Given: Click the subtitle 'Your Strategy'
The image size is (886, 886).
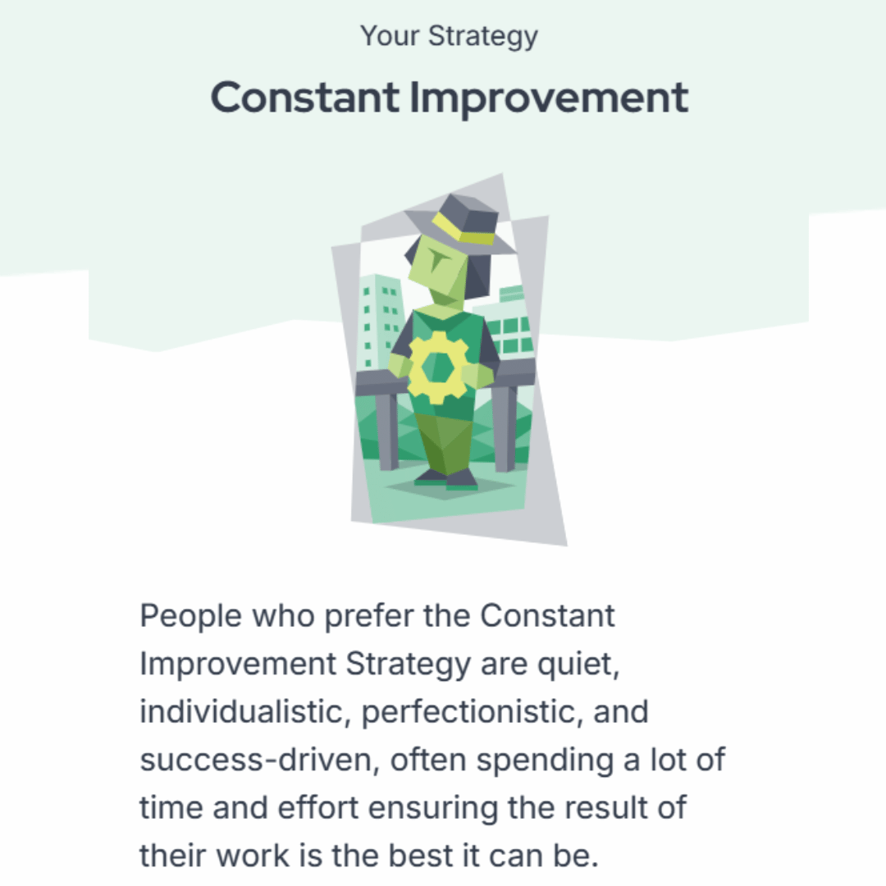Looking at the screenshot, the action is [450, 37].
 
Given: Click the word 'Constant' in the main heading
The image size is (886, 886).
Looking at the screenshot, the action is [305, 97].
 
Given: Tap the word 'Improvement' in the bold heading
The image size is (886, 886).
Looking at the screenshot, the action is [549, 99].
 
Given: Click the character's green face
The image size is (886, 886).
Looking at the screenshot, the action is [438, 272].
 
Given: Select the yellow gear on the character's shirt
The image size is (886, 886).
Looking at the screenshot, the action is [438, 368].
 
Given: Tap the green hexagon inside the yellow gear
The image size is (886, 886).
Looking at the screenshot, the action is [438, 368].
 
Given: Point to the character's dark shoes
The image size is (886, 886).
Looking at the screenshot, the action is [446, 480].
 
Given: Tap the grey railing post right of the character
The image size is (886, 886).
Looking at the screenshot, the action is [504, 429].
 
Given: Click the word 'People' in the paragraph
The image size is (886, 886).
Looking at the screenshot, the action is [191, 616].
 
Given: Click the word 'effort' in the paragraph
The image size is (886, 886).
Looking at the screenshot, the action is [318, 807].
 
